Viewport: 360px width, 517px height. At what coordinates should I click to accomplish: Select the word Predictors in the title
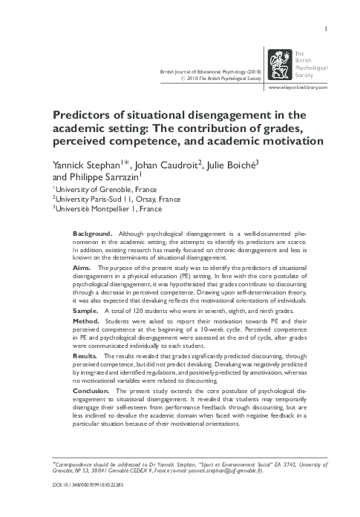pyautogui.click(x=80, y=115)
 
